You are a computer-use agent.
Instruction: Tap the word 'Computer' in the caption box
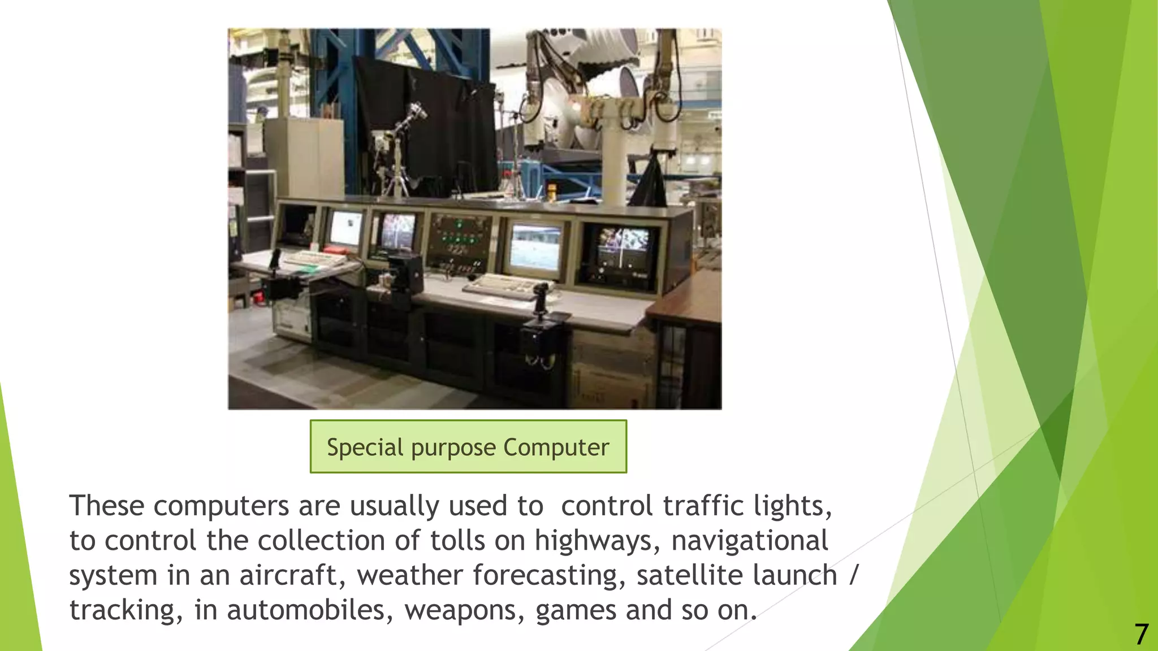556,447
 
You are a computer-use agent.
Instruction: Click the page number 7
1141,635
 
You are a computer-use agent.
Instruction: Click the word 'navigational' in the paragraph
750,540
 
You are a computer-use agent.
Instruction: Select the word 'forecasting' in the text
549,575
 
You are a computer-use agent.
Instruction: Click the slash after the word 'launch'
854,575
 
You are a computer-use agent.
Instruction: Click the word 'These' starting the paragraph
106,505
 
